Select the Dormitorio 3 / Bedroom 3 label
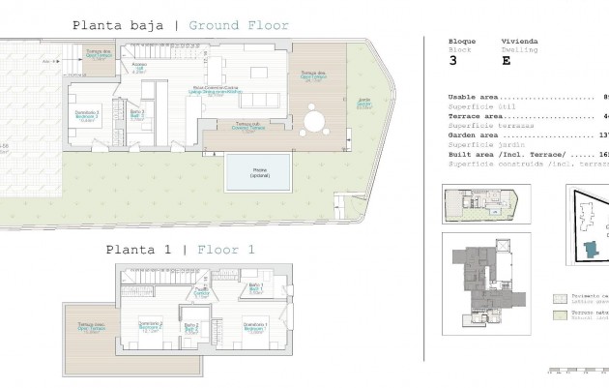click(86, 119)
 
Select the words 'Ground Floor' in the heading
click(238, 26)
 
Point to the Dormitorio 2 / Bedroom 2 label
click(149, 325)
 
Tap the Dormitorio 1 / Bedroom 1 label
click(254, 326)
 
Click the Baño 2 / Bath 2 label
click(191, 327)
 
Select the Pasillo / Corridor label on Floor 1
click(201, 291)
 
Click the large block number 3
click(453, 60)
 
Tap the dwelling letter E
click(505, 60)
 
